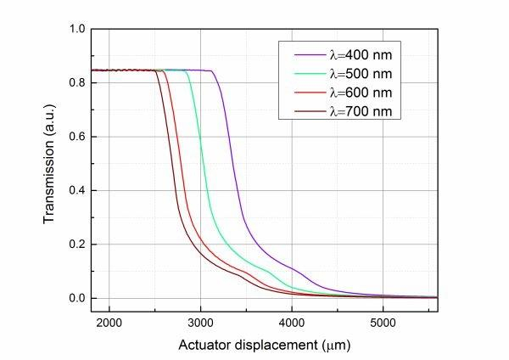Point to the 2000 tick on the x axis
coord(109,323)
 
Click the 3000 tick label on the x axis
coord(200,323)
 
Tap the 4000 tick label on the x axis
coord(292,323)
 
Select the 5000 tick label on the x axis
coord(383,323)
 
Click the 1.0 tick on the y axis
coord(77,29)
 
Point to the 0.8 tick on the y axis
coord(77,83)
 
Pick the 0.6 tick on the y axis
coord(77,137)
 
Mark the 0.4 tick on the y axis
coord(77,190)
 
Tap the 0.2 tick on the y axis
coord(77,245)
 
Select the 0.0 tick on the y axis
coord(77,298)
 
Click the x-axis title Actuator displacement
coord(264,346)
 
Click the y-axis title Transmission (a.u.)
coord(52,163)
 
